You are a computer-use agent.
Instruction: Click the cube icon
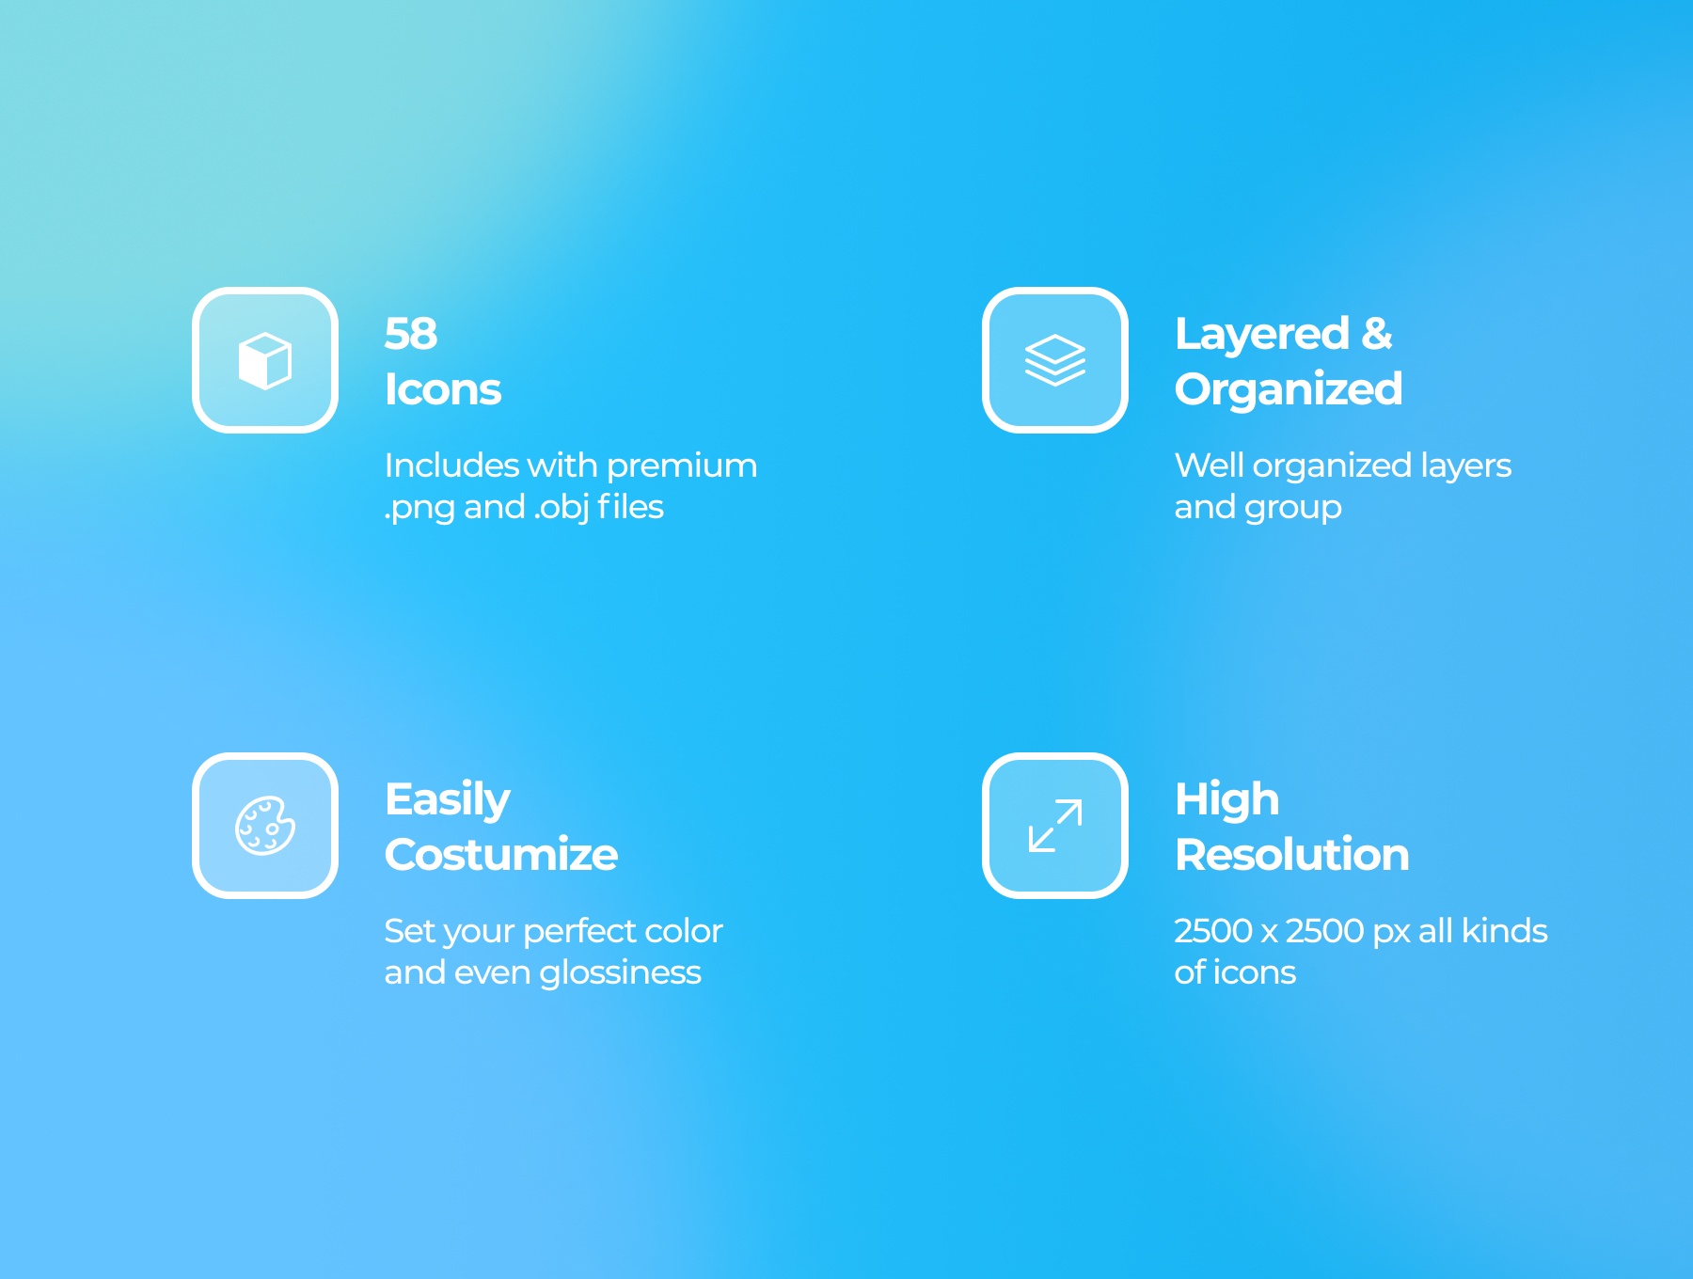point(265,360)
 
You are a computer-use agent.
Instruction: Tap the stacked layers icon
point(1054,360)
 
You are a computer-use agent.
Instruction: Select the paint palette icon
point(265,826)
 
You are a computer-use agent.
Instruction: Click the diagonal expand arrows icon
point(1054,826)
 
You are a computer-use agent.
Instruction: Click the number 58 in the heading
point(411,334)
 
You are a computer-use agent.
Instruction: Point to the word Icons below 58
point(443,389)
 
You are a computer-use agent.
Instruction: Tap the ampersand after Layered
point(1377,334)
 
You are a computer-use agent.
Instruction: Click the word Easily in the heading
point(448,801)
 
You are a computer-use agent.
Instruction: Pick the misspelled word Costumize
point(501,855)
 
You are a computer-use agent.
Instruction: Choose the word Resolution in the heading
point(1292,855)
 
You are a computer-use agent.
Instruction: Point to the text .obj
point(562,508)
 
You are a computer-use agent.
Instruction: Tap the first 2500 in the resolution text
point(1213,931)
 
